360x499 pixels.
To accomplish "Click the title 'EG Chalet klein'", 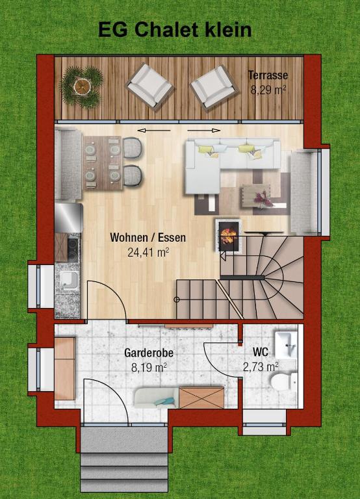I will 175,30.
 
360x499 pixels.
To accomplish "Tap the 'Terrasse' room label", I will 268,75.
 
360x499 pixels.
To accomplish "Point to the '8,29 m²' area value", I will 268,90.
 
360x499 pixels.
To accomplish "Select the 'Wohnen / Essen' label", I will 148,238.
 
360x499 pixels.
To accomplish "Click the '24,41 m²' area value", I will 149,252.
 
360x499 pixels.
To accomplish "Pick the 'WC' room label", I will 261,353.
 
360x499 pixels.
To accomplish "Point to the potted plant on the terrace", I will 82,85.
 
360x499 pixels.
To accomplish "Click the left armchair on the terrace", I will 149,84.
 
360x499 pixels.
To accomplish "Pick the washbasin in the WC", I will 285,341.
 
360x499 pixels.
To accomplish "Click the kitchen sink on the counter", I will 67,281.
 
